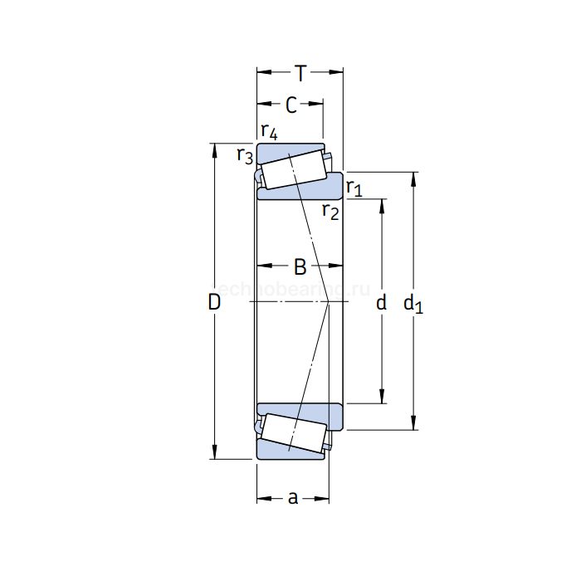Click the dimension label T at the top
300,73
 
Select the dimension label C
290,105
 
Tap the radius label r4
268,131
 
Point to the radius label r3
244,155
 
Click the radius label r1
354,188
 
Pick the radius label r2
330,212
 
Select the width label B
300,267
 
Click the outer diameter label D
214,304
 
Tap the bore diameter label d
382,304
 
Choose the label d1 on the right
413,305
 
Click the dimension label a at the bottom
292,498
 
